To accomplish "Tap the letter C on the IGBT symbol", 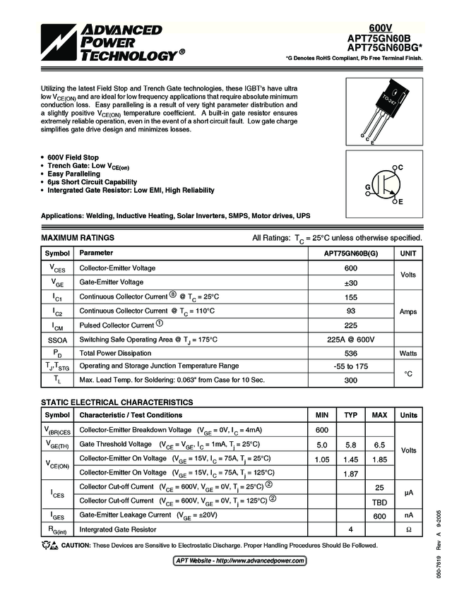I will point(399,167).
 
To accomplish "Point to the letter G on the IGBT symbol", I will point(367,187).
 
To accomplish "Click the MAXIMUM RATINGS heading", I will point(78,238).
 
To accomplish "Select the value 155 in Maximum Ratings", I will point(350,297).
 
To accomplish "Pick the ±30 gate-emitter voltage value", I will point(350,282).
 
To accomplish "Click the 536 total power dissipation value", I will point(350,353).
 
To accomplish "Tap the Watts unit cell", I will point(408,353).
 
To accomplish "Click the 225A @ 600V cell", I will point(350,340).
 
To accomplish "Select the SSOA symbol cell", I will point(57,340).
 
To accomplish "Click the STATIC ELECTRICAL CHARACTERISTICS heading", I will point(117,402).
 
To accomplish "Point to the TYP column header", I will point(350,415).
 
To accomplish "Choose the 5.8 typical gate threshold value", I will point(350,445).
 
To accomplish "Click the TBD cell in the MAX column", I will point(379,501).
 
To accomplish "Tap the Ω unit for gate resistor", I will point(408,529).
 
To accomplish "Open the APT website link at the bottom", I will point(239,560).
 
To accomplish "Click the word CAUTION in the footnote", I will point(75,545).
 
